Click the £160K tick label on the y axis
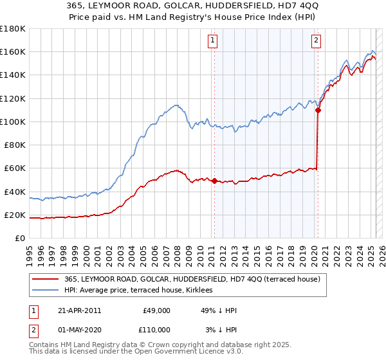tap(13, 51)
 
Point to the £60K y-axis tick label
tap(15, 168)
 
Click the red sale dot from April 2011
tap(214, 181)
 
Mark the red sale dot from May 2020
tap(318, 110)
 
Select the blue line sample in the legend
tap(46, 290)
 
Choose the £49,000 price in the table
tap(156, 310)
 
